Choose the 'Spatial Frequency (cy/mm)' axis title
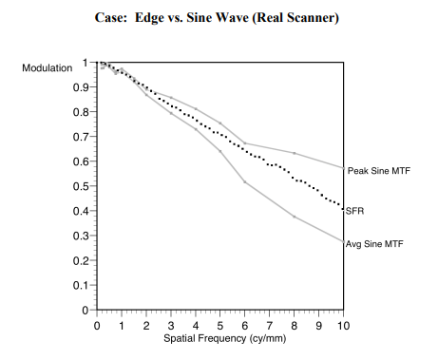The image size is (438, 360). (x=219, y=338)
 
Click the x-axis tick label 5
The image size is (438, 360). (x=220, y=325)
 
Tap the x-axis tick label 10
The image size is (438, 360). (x=343, y=325)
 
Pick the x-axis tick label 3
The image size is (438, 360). (x=171, y=325)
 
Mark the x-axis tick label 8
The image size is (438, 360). (x=294, y=325)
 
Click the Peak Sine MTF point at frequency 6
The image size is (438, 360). (x=245, y=143)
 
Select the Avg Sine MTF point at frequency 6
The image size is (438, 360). (x=245, y=181)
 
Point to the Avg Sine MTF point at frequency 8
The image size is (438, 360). (x=294, y=217)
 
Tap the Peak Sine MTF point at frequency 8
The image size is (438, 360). (x=294, y=153)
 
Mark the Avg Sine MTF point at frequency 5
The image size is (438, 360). (x=220, y=151)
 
